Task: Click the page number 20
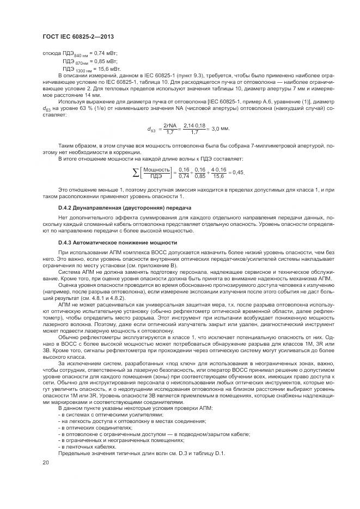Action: pos(46,462)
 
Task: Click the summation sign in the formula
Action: pos(136,173)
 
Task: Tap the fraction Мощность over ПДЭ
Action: pos(157,173)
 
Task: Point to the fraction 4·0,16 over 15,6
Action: pos(219,173)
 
